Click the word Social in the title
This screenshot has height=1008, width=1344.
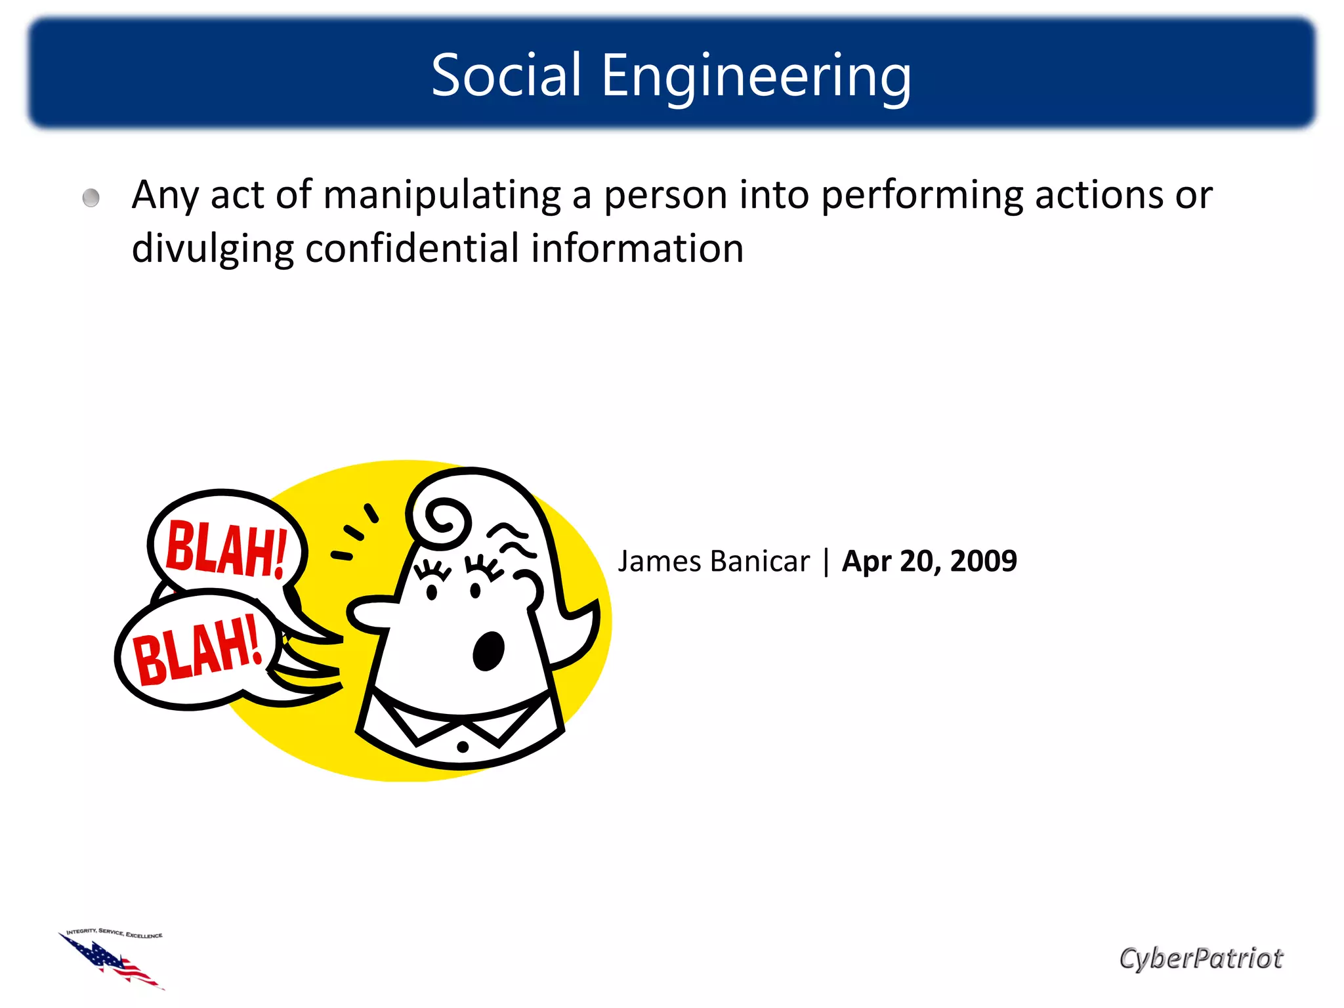506,75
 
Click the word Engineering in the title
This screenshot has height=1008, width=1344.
756,76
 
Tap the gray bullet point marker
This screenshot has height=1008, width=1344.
91,198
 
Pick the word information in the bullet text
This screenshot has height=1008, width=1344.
637,249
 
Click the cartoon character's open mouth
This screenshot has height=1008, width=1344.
488,650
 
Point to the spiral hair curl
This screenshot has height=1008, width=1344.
446,520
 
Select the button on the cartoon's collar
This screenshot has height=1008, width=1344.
463,746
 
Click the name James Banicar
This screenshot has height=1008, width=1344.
713,562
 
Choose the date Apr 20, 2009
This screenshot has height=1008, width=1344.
929,562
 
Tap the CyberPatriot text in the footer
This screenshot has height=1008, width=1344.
1200,958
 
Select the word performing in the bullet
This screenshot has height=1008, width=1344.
922,195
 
